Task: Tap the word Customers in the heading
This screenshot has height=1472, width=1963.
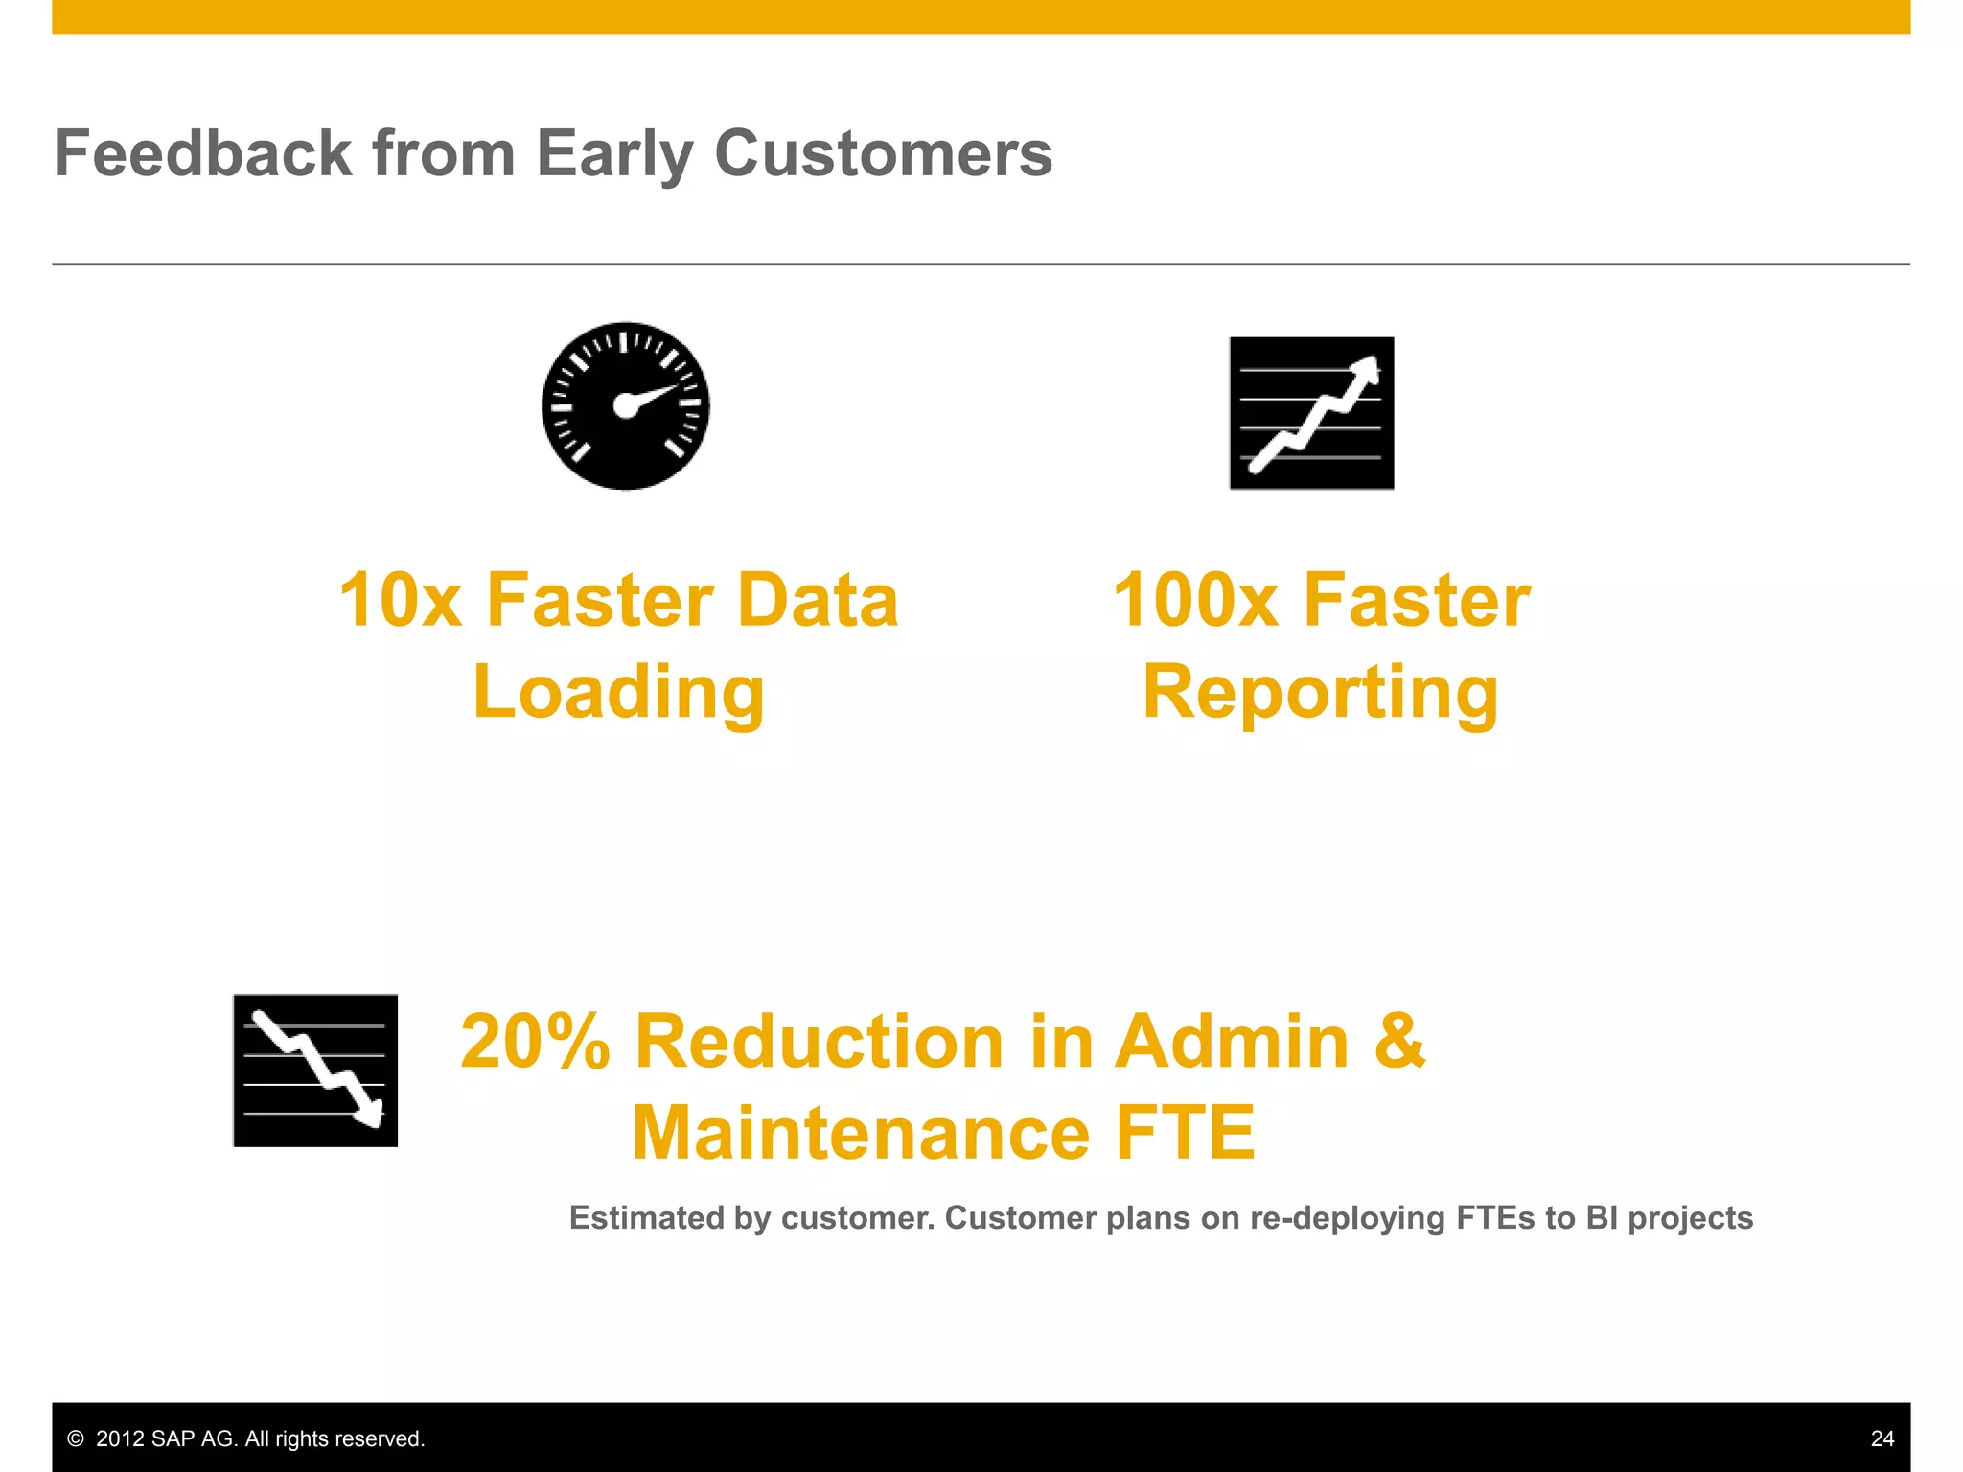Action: [883, 153]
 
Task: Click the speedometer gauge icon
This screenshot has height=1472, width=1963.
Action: [626, 405]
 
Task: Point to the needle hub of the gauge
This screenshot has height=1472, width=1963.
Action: [625, 406]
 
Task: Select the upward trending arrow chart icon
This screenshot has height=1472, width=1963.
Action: [1311, 413]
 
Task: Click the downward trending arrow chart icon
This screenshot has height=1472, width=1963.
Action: [315, 1070]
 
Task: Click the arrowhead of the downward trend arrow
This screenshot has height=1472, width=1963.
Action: [370, 1114]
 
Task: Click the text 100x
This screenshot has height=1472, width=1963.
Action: [1194, 601]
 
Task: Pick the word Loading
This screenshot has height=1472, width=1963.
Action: [619, 693]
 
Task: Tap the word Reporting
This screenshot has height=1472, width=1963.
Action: [1321, 693]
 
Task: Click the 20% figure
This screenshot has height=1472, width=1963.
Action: [535, 1042]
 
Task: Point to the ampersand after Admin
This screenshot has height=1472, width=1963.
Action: [1399, 1042]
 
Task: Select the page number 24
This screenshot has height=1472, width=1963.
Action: [1882, 1438]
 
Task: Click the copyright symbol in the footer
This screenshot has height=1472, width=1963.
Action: [76, 1438]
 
